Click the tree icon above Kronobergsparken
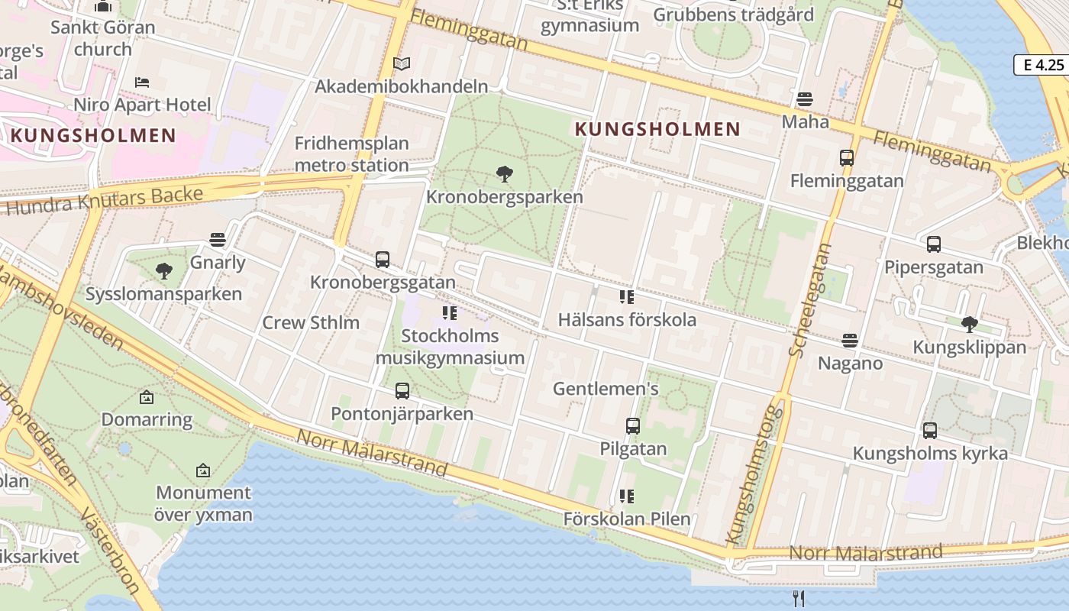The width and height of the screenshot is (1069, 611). click(504, 174)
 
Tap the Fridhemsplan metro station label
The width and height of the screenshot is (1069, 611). click(352, 154)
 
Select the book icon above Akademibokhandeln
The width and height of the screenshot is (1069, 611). click(402, 63)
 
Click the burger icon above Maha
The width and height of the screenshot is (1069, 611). click(804, 99)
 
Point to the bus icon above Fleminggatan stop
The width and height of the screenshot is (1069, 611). click(847, 158)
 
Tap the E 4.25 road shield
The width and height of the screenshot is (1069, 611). click(1043, 65)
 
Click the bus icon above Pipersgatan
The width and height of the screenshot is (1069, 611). click(933, 244)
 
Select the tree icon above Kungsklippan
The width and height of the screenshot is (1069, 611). click(970, 324)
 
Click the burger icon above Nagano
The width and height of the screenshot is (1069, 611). click(850, 340)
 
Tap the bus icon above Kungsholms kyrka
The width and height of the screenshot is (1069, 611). click(929, 430)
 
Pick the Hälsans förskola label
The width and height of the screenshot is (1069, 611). click(627, 319)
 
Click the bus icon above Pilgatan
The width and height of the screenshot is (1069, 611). click(633, 425)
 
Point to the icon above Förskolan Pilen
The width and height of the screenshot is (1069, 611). click(627, 496)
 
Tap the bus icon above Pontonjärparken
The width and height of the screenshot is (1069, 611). click(402, 391)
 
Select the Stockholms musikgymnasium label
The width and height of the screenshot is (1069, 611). click(450, 347)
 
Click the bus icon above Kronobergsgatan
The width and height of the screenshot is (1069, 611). click(383, 260)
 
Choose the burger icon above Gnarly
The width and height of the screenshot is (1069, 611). click(218, 240)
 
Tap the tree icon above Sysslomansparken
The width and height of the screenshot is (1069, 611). click(163, 270)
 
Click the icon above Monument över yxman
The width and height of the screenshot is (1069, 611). click(203, 470)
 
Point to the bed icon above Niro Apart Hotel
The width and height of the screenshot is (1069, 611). click(142, 82)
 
